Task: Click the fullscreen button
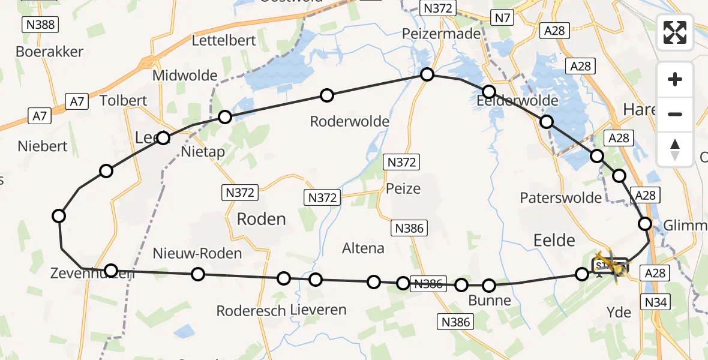pyautogui.click(x=675, y=32)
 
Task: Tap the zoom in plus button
pyautogui.click(x=675, y=79)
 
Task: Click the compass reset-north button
pyautogui.click(x=675, y=148)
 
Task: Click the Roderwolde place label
pyautogui.click(x=349, y=122)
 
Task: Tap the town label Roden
pyautogui.click(x=261, y=219)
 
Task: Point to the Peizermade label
pyautogui.click(x=442, y=34)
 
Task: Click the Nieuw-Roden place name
pyautogui.click(x=197, y=253)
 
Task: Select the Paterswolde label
pyautogui.click(x=560, y=198)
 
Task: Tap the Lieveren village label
pyautogui.click(x=318, y=310)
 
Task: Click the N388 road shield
pyautogui.click(x=39, y=25)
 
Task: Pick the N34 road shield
pyautogui.click(x=656, y=302)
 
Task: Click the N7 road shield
pyautogui.click(x=502, y=18)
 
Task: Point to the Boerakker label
pyautogui.click(x=49, y=52)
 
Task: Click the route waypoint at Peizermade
pyautogui.click(x=427, y=74)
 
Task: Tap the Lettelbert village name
pyautogui.click(x=224, y=41)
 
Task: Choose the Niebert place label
pyautogui.click(x=43, y=146)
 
